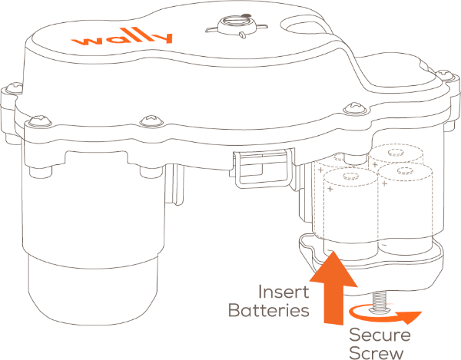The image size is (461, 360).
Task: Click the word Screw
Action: pyautogui.click(x=377, y=352)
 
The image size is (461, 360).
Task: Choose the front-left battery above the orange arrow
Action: pyautogui.click(x=344, y=219)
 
